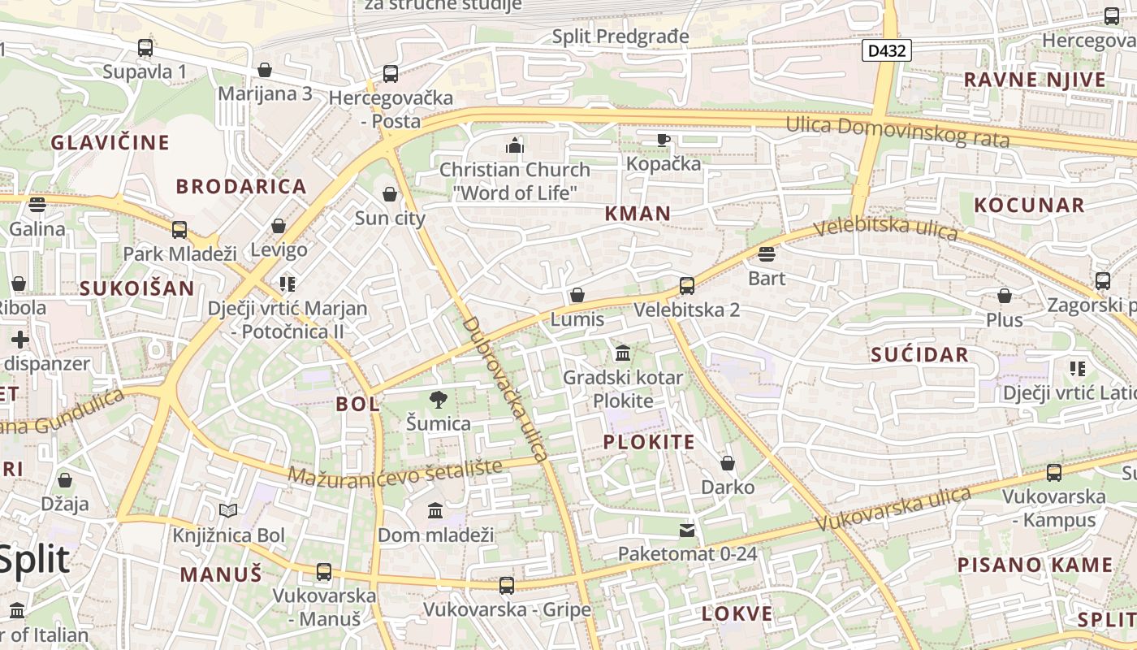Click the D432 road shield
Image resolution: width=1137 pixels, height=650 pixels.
(887, 51)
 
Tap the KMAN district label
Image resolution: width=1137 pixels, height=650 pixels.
(638, 214)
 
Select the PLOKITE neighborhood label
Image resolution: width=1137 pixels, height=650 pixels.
(649, 442)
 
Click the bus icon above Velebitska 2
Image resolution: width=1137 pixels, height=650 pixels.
(687, 285)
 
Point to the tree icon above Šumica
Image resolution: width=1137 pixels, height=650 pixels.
(439, 399)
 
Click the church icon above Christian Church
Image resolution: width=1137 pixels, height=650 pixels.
(515, 145)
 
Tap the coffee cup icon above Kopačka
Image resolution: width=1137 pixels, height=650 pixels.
(664, 140)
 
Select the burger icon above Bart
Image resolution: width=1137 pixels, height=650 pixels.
(766, 254)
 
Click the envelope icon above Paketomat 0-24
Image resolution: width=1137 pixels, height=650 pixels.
(687, 531)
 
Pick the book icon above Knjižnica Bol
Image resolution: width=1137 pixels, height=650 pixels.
(229, 511)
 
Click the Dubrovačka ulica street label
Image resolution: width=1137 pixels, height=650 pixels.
(507, 389)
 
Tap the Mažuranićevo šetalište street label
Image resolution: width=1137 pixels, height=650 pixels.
(396, 474)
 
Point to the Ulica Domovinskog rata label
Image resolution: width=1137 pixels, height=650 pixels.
(897, 132)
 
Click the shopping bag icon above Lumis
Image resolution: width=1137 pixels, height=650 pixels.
(577, 295)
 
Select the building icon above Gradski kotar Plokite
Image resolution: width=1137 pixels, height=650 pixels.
(623, 353)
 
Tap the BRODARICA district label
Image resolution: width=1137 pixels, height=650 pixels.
(241, 186)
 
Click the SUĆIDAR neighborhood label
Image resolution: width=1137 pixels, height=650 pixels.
(919, 354)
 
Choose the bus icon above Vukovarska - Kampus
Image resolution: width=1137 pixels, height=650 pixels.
(1054, 472)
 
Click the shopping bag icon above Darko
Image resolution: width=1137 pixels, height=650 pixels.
(728, 463)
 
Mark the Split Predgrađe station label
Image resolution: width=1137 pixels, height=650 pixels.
(620, 37)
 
